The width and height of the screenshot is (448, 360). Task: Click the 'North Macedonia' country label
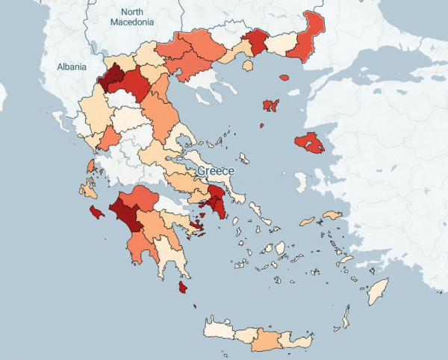132,17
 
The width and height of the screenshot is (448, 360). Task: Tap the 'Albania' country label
72,67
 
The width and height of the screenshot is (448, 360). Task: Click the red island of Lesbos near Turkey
309,143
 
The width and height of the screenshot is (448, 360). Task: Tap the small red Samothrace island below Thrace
284,77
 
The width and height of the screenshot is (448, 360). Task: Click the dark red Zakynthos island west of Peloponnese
96,214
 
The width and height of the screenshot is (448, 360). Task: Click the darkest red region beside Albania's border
115,78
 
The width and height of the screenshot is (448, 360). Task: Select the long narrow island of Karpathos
345,317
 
